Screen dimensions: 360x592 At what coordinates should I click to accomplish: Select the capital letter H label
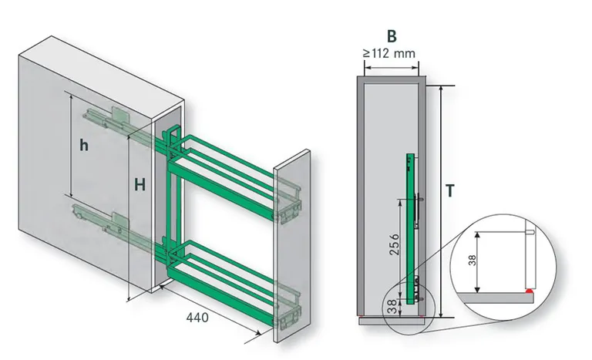[140, 185]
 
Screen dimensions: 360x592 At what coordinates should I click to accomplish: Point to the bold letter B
[391, 36]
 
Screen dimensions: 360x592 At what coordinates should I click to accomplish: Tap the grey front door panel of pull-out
[291, 239]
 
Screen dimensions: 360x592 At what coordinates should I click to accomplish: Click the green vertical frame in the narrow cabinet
[409, 224]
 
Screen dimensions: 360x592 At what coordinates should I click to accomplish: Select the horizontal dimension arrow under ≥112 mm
[391, 66]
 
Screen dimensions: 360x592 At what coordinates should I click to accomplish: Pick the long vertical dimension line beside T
[442, 200]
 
